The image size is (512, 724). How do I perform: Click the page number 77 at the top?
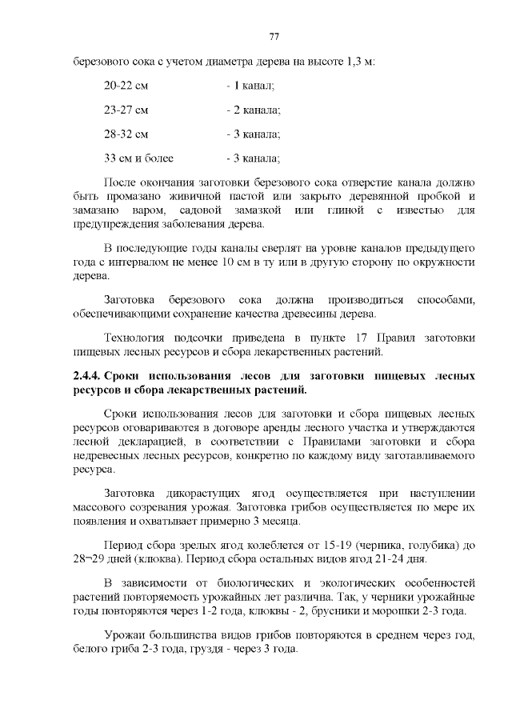(274, 37)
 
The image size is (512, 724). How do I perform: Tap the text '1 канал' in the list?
(254, 84)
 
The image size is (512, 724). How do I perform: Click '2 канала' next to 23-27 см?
(257, 109)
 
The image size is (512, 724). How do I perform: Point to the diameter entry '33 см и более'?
(139, 158)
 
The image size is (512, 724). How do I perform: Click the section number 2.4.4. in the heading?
(86, 374)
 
